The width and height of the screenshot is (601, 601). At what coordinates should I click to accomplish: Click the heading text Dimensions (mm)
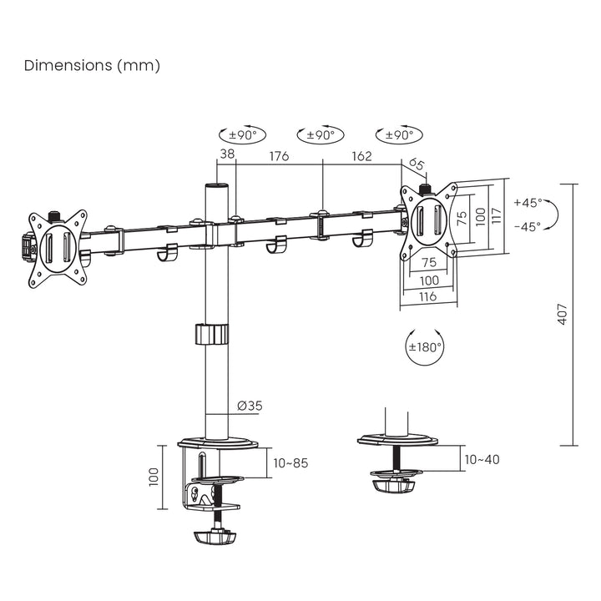(x=92, y=65)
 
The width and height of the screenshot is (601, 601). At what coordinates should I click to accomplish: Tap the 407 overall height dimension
(x=563, y=314)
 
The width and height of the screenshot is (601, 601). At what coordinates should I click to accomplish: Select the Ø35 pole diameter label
(x=250, y=406)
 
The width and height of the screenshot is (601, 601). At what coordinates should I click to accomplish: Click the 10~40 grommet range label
(x=482, y=459)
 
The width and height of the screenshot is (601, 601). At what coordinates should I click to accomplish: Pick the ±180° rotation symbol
(x=425, y=346)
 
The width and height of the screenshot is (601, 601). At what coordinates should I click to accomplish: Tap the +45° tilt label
(x=528, y=203)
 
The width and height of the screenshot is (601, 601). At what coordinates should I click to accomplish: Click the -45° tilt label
(x=528, y=225)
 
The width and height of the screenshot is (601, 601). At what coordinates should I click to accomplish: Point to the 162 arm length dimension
(x=361, y=154)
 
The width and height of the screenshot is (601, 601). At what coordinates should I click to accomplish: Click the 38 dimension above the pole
(x=227, y=154)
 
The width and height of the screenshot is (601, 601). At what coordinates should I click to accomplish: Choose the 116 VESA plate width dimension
(x=428, y=296)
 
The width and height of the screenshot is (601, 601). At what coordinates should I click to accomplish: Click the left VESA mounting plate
(x=57, y=247)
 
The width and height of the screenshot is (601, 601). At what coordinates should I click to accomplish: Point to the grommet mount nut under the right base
(x=392, y=484)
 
